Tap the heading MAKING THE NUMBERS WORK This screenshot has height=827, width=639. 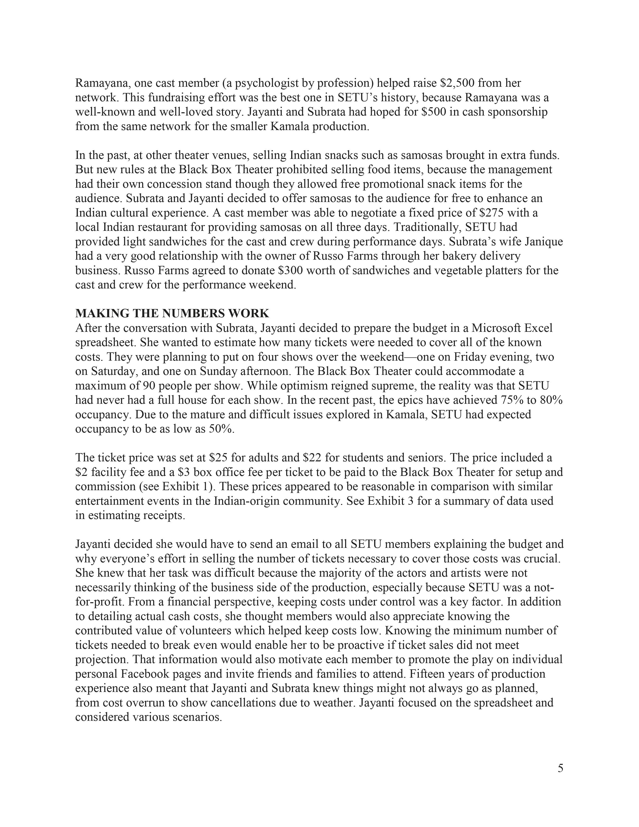coord(172,313)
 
